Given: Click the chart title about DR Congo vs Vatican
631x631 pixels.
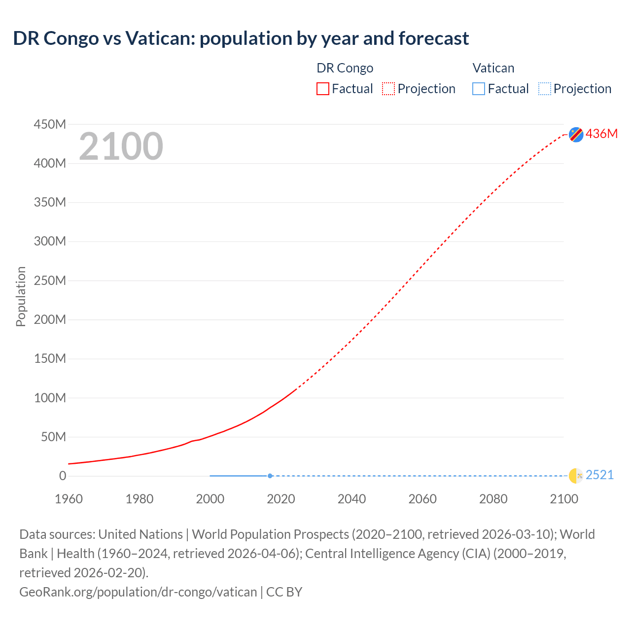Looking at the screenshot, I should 241,38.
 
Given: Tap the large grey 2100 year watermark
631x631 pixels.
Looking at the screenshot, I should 121,146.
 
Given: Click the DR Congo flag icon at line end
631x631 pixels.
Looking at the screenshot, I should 576,134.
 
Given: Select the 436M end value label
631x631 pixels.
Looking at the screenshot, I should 601,134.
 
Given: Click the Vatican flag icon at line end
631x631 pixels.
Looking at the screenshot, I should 576,476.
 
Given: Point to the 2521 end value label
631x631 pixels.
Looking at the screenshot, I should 599,475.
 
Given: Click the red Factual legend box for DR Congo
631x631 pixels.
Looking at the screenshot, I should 323,89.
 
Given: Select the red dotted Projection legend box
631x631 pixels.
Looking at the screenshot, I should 388,89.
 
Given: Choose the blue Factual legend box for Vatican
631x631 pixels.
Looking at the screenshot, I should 479,89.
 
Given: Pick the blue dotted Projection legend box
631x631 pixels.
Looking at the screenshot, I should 544,89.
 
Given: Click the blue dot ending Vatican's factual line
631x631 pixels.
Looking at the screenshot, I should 270,476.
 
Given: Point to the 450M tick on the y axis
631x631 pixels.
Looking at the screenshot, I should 50,124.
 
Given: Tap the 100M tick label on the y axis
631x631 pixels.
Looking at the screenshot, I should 50,398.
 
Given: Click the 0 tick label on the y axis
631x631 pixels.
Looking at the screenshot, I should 63,476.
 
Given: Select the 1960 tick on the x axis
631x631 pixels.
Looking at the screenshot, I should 69,499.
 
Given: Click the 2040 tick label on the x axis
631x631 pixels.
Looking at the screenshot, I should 351,499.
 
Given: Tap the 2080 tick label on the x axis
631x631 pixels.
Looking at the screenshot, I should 493,499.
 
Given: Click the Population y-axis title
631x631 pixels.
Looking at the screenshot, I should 21,296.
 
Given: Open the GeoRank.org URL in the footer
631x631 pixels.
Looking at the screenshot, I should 138,592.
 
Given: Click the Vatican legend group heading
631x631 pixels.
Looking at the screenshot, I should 493,68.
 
